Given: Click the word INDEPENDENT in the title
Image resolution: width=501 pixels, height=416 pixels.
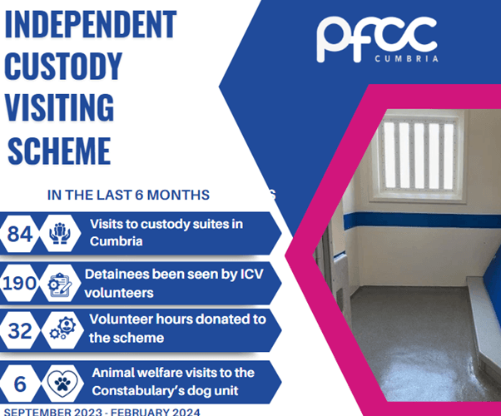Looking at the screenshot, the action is point(91,24).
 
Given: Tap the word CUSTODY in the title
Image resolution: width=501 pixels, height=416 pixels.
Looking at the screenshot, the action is point(63,66).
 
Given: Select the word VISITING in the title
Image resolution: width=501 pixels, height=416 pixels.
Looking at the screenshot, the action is point(59,107).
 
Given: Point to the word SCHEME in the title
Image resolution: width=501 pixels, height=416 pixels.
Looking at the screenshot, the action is point(59,151).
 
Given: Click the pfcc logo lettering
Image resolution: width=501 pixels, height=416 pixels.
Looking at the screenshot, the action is point(377,38).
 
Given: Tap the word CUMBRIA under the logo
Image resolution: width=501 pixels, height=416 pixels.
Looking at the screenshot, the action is point(406,59).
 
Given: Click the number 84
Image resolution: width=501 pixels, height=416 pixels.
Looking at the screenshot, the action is point(20,234).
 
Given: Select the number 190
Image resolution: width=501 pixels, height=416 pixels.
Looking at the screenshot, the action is point(19,283).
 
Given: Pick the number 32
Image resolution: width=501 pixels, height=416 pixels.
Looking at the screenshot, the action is point(20,330).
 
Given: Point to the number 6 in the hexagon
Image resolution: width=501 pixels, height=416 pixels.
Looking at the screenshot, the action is point(20,384).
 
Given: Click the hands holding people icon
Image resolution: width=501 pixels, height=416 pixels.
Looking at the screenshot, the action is point(60,234).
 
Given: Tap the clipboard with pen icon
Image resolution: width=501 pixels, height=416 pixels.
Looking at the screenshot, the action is point(60,284).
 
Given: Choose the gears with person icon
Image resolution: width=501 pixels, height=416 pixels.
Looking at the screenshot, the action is point(62,328).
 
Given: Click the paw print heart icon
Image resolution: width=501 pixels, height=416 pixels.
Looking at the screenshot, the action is point(62,383).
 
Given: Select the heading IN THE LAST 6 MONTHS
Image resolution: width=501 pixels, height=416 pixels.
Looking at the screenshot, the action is point(128,195).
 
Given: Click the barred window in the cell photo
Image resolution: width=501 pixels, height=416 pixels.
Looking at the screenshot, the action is point(419,156).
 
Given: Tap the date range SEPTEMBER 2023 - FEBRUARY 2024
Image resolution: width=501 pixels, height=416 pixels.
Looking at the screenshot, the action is point(102,412).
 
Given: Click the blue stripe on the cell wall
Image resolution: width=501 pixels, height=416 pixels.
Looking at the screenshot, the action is point(422,221).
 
